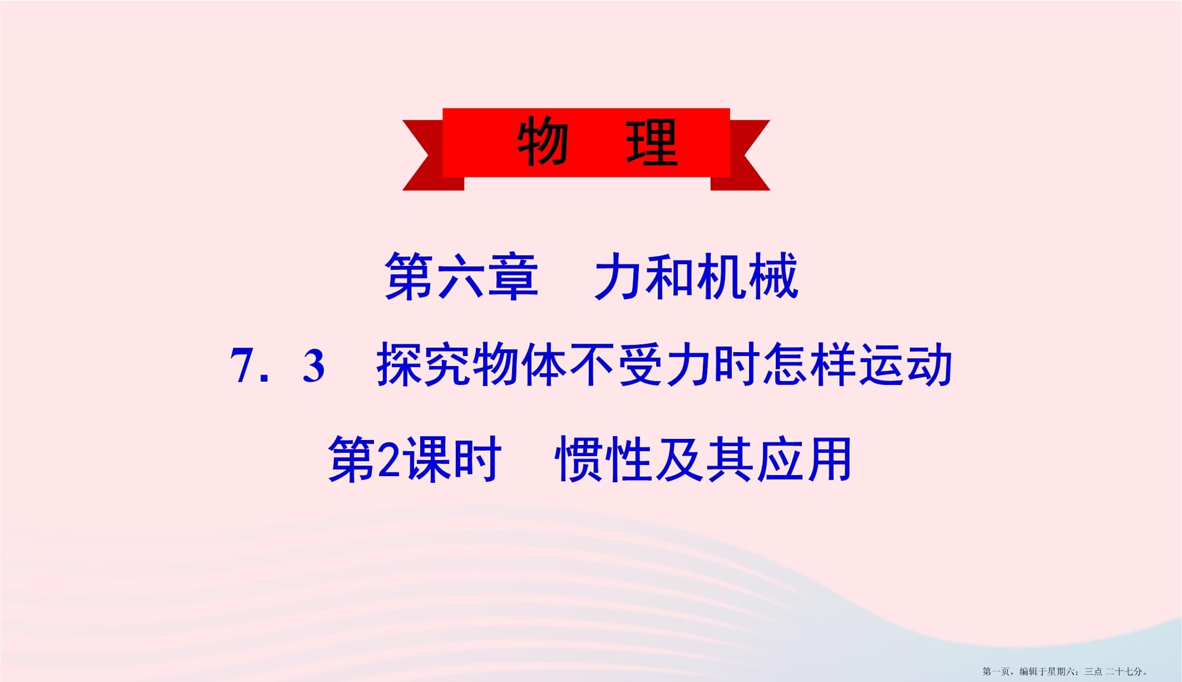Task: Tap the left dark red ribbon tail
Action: (432, 155)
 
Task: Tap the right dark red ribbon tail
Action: (740, 155)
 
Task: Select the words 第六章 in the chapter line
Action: (461, 276)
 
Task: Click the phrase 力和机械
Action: (696, 276)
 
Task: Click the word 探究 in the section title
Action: (423, 365)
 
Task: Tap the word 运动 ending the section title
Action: (906, 365)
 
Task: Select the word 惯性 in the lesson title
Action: (604, 459)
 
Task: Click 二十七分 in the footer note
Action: (1124, 671)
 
